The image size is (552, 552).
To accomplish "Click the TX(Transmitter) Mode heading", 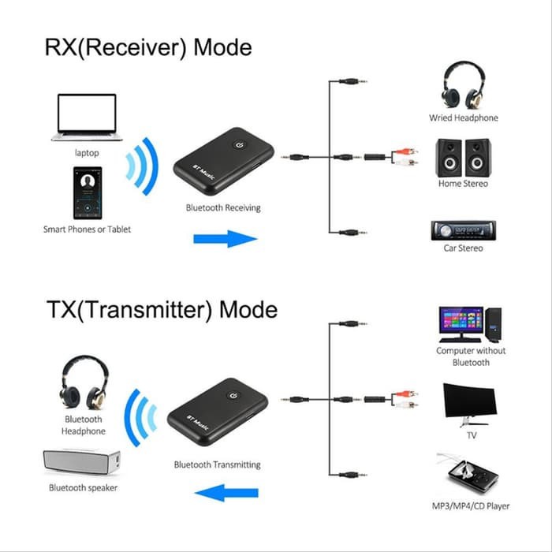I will point(160,308).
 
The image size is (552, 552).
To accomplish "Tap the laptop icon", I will point(87,117).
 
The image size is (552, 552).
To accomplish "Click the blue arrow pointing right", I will point(226,239).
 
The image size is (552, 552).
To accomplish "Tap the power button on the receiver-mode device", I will point(241,144).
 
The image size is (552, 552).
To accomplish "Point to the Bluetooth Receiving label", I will point(223,208).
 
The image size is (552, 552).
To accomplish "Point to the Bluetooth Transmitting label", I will point(217,464).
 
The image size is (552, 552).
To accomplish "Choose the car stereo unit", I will point(463,229).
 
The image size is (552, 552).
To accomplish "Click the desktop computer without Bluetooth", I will point(470,323).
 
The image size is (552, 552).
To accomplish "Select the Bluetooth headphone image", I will point(84,382).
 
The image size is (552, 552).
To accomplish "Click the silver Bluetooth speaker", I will point(82,462).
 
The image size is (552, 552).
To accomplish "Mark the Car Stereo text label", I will point(463,248).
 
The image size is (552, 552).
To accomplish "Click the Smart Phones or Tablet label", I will point(87,229).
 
